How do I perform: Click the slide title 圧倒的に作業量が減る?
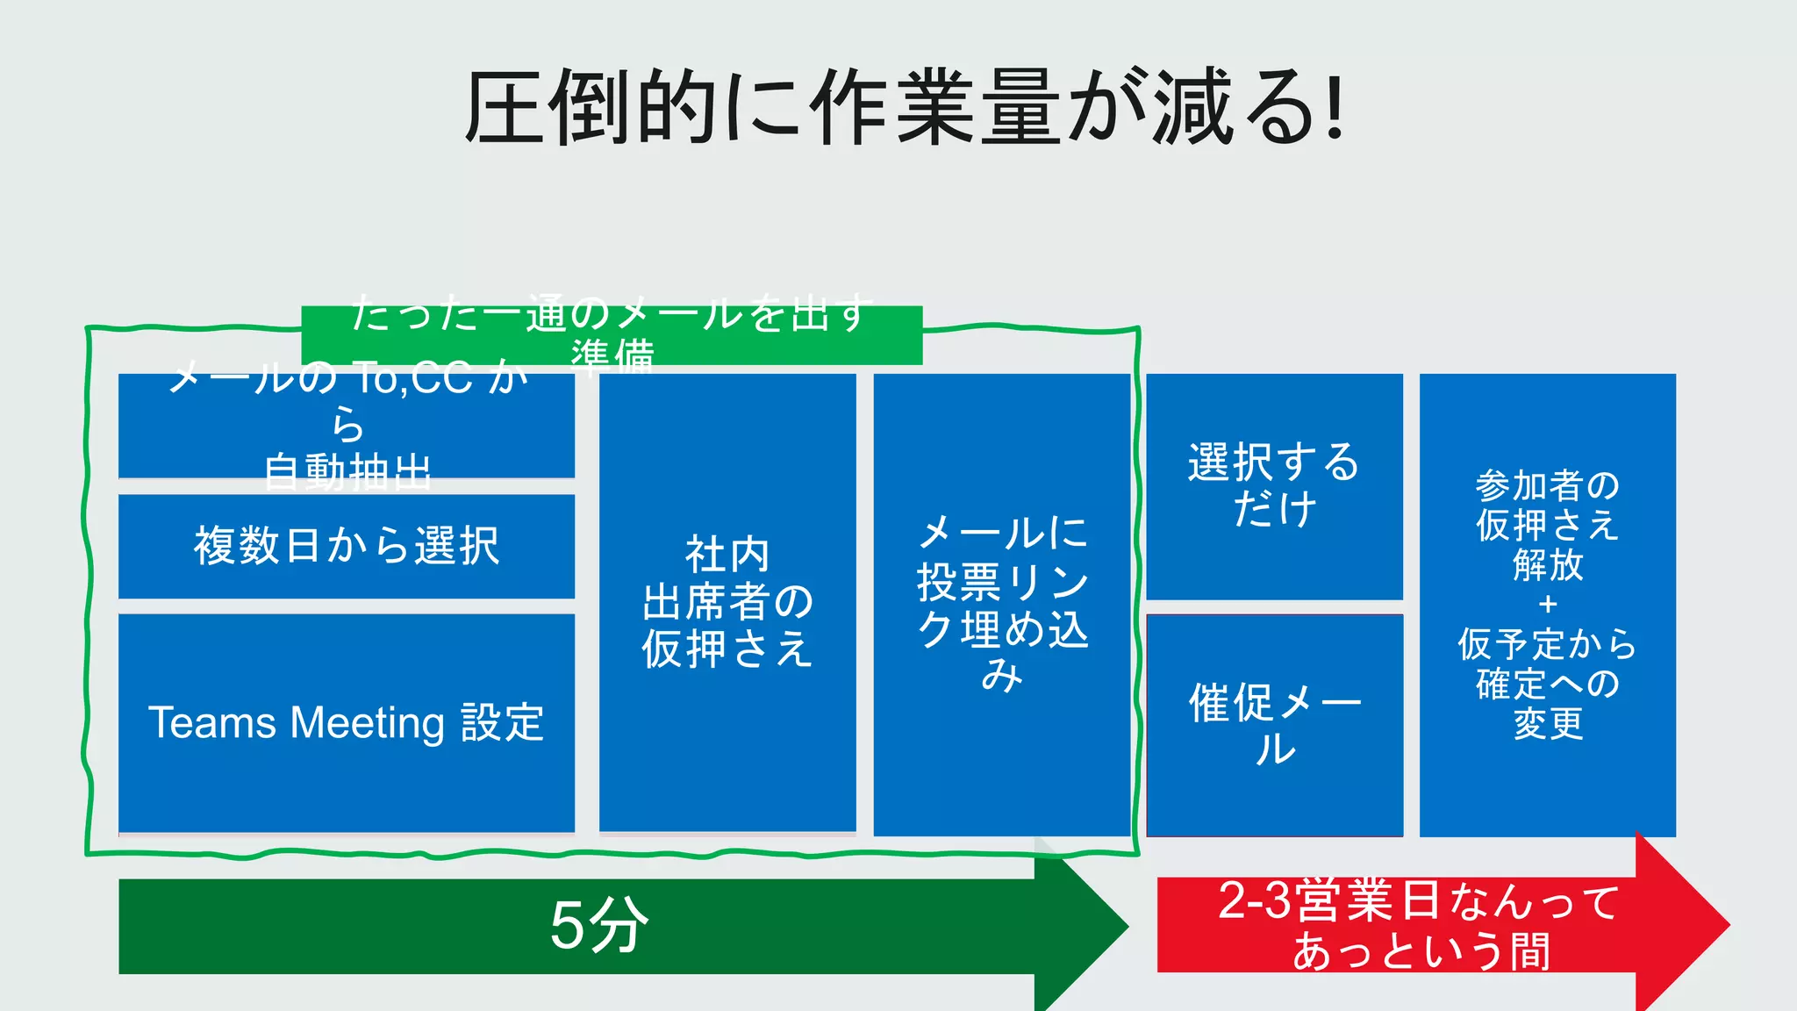pos(904,107)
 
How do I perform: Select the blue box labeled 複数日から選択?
pos(347,546)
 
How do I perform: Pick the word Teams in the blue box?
pos(212,723)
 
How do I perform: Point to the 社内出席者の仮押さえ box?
pos(727,602)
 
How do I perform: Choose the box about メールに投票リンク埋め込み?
pos(1002,604)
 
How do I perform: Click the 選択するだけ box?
pos(1274,486)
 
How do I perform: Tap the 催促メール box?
pos(1274,725)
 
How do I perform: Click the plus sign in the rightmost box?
pos(1548,605)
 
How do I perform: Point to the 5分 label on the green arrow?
pos(598,925)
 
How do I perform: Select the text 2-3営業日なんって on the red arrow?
pos(1418,901)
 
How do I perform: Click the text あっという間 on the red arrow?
pos(1421,951)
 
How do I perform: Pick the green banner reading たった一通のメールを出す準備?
pos(611,334)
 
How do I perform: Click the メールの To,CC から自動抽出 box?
pos(347,426)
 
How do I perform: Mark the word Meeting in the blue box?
pos(368,723)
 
